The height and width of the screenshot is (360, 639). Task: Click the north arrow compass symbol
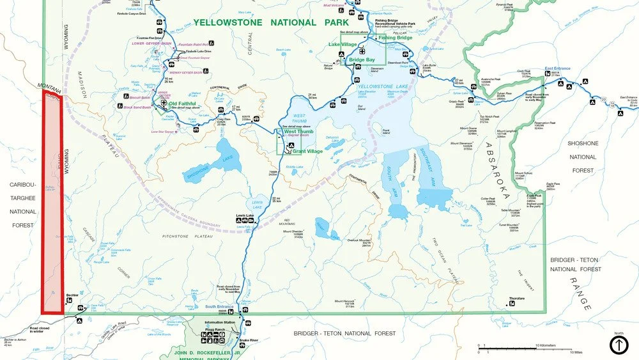pyautogui.click(x=619, y=345)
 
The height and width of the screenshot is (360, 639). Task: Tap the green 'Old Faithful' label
pyautogui.click(x=182, y=104)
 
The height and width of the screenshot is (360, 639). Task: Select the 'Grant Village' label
pyautogui.click(x=307, y=151)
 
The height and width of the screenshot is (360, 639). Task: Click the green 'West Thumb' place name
pyautogui.click(x=303, y=132)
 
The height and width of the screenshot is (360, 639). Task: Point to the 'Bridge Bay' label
pyautogui.click(x=362, y=59)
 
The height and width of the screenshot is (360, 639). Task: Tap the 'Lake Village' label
pyautogui.click(x=343, y=44)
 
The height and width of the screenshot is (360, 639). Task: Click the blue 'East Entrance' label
pyautogui.click(x=557, y=68)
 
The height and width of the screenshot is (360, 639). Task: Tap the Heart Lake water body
pyautogui.click(x=327, y=226)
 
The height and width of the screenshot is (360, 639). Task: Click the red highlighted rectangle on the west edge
pyautogui.click(x=52, y=201)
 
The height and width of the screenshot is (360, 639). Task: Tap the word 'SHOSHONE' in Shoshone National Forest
pyautogui.click(x=583, y=143)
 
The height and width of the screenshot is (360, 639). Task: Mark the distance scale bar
pyautogui.click(x=524, y=348)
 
